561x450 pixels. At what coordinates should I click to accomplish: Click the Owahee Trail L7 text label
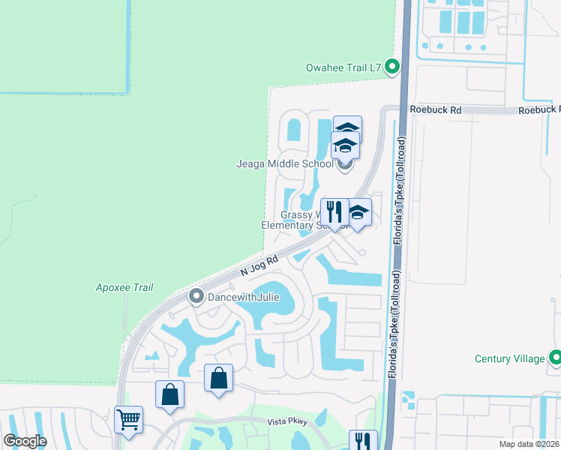click(x=344, y=67)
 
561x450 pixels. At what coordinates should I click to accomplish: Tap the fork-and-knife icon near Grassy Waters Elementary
click(x=334, y=212)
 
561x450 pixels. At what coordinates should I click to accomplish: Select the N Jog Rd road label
click(x=259, y=265)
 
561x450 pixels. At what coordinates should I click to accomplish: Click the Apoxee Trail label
click(x=124, y=287)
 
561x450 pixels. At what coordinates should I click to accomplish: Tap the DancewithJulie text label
click(x=244, y=297)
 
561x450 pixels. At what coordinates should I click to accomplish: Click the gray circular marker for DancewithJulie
click(x=196, y=297)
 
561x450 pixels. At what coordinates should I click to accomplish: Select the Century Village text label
click(x=509, y=358)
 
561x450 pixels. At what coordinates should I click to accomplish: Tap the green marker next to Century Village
click(x=555, y=358)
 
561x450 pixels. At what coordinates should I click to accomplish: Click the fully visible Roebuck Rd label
click(x=436, y=109)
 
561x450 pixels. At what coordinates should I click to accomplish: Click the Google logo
click(x=25, y=441)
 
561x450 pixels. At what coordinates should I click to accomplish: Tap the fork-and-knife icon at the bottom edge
click(x=363, y=441)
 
